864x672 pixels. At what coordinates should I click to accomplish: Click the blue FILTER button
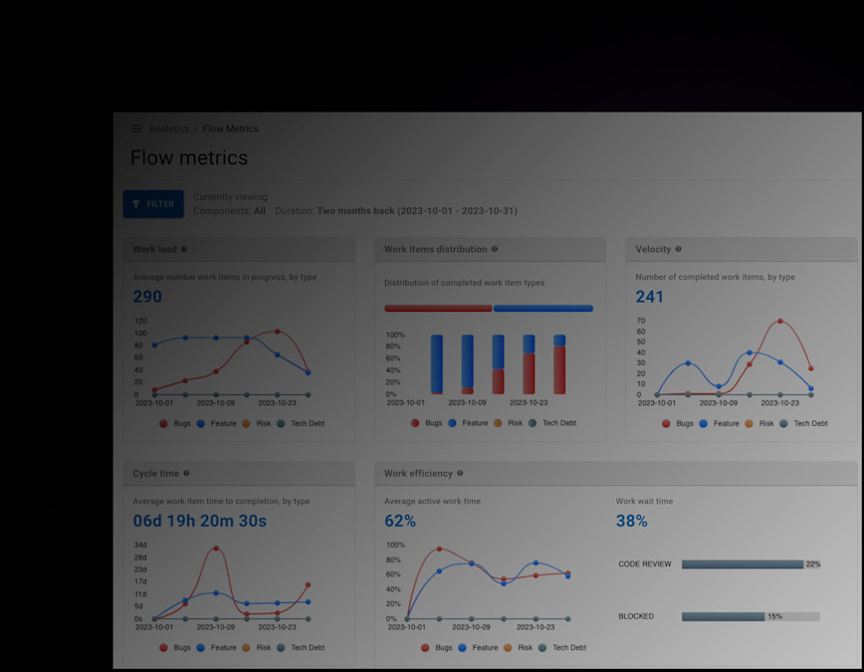click(153, 204)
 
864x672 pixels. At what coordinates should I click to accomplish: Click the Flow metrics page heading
click(189, 158)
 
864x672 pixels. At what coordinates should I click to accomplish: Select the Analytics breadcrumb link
click(168, 128)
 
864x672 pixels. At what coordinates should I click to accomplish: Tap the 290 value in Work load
click(147, 297)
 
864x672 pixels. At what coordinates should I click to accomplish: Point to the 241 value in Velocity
click(650, 297)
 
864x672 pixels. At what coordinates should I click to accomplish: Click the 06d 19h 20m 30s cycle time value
click(200, 521)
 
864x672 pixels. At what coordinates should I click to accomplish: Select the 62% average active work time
click(400, 521)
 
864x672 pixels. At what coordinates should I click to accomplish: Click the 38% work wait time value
click(631, 521)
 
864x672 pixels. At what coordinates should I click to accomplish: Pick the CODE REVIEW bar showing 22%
click(742, 564)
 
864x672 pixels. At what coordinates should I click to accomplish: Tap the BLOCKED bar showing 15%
click(723, 616)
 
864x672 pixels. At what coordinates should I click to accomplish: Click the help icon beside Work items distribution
click(495, 249)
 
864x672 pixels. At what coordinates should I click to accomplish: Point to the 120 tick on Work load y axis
click(140, 321)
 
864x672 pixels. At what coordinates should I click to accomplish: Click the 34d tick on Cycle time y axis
click(140, 545)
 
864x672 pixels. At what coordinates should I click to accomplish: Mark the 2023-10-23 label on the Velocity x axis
click(779, 403)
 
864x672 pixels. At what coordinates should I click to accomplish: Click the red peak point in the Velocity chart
click(779, 322)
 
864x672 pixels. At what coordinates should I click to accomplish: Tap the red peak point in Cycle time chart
click(216, 549)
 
